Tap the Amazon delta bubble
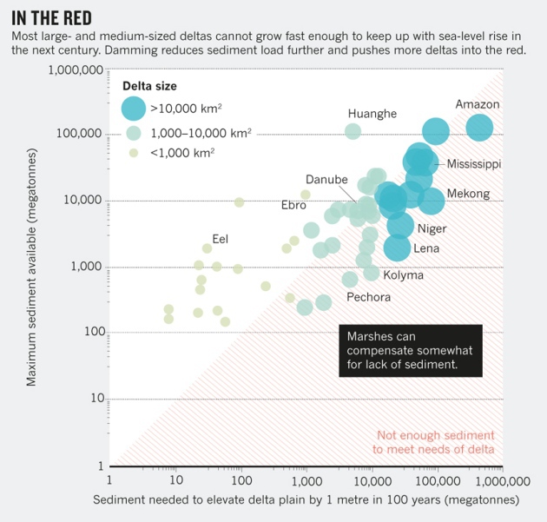click(479, 128)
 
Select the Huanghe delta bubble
click(353, 131)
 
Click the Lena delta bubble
click(397, 248)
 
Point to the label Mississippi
click(474, 163)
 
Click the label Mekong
click(468, 194)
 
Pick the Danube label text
click(326, 179)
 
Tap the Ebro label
click(293, 206)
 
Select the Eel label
click(220, 239)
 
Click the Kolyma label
click(404, 275)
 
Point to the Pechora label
click(368, 297)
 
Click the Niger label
click(432, 228)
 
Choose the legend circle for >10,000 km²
click(133, 109)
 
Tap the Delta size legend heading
click(148, 86)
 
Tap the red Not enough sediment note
click(433, 442)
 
